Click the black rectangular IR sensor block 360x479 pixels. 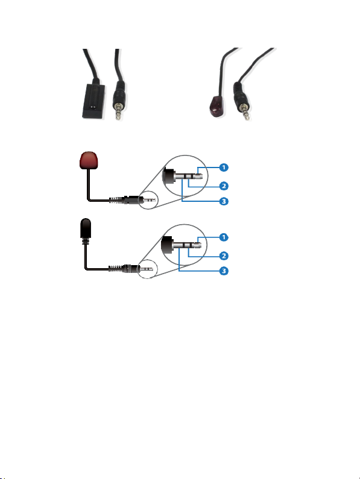click(x=94, y=101)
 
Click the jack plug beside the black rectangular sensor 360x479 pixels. click(x=118, y=100)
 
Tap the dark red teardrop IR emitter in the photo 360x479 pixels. click(x=218, y=106)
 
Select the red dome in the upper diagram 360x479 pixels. click(x=89, y=160)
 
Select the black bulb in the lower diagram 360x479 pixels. click(x=86, y=228)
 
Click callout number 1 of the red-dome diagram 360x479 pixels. click(x=224, y=167)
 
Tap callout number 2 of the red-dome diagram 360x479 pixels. click(x=224, y=186)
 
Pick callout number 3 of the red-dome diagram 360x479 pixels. click(x=224, y=201)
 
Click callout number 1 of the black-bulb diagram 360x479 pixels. click(x=224, y=237)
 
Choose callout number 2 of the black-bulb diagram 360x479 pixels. click(x=224, y=255)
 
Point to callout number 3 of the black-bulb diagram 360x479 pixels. click(x=224, y=271)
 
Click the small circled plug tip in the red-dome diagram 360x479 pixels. click(x=149, y=200)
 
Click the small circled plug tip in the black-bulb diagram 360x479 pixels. click(x=147, y=269)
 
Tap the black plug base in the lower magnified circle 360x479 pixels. click(x=168, y=245)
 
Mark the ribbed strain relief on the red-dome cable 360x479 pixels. click(x=116, y=201)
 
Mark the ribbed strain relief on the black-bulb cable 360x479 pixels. click(x=116, y=269)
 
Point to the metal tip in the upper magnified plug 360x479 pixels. click(x=198, y=177)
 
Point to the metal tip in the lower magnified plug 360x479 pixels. click(x=197, y=245)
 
